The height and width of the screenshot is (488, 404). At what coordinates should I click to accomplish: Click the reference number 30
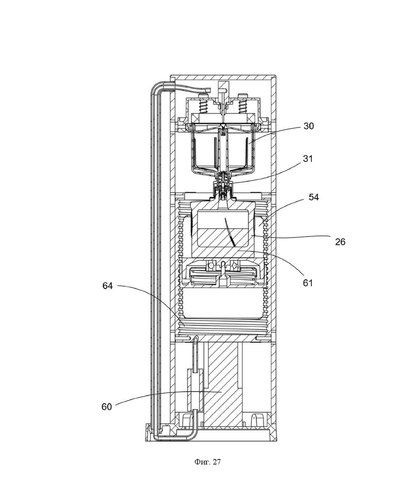(x=309, y=126)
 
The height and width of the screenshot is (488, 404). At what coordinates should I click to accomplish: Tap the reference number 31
(x=308, y=159)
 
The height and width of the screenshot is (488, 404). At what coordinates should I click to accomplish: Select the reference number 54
(x=313, y=197)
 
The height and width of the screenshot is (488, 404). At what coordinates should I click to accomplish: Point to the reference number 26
(x=340, y=242)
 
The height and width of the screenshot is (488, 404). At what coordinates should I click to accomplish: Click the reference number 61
(x=308, y=283)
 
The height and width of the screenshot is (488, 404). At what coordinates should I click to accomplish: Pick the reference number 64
(x=108, y=286)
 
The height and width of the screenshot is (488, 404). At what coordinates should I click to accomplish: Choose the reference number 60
(x=107, y=407)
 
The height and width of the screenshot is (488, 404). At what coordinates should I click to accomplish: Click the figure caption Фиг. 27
(x=208, y=462)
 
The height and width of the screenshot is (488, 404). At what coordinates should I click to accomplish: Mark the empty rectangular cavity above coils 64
(x=223, y=302)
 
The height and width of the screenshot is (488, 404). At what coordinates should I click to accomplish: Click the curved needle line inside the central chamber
(x=230, y=232)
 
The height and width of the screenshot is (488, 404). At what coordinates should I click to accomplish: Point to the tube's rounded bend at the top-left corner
(x=154, y=85)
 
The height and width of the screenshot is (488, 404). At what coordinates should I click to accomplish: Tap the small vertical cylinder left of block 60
(x=195, y=389)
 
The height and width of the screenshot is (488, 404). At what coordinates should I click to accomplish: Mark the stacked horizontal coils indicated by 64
(x=223, y=327)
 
